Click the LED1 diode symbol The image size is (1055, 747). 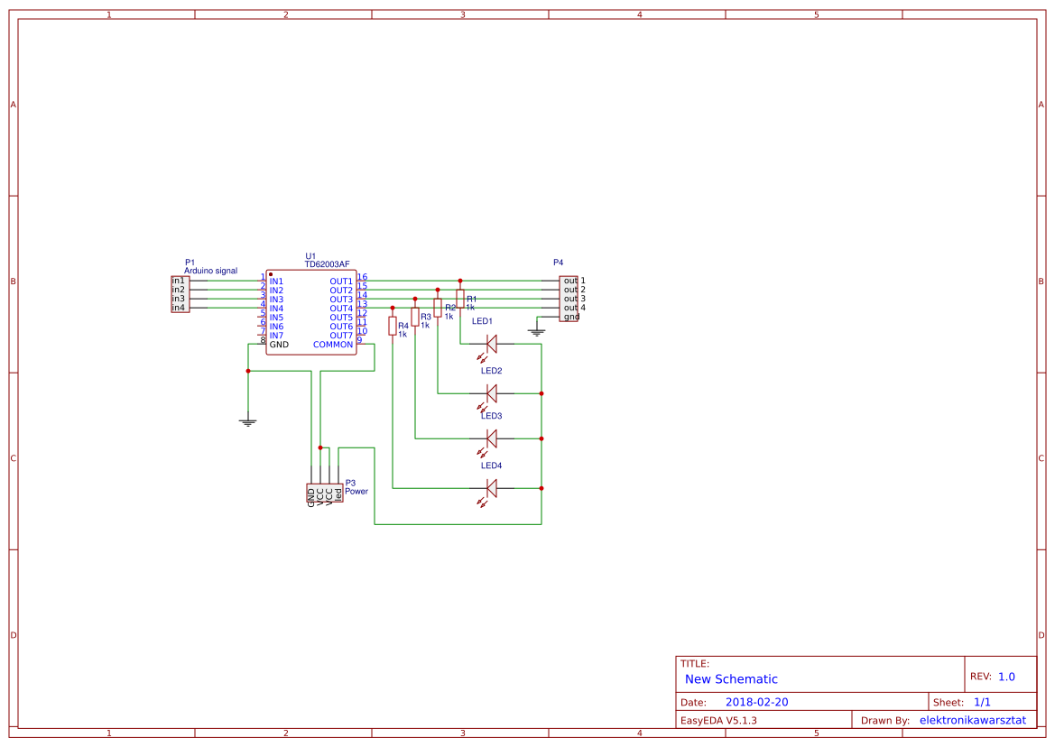492,343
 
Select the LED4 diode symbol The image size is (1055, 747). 492,488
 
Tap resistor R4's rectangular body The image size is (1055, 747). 393,326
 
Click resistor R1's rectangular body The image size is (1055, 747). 460,299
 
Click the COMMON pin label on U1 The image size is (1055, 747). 333,345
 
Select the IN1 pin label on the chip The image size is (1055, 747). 276,281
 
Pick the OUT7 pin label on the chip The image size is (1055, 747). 341,336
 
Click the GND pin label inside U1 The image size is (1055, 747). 279,345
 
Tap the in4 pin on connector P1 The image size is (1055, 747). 179,308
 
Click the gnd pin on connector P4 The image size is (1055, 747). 571,317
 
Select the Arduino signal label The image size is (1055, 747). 211,271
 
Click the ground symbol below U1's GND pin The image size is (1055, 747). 248,421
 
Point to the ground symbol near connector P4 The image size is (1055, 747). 537,333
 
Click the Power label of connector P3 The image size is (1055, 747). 356,492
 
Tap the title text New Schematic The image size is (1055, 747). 731,679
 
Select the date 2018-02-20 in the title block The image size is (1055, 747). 756,702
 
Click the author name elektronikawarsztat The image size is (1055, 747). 972,720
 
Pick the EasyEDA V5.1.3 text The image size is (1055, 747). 718,720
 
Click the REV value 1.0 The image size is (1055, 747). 1006,677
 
